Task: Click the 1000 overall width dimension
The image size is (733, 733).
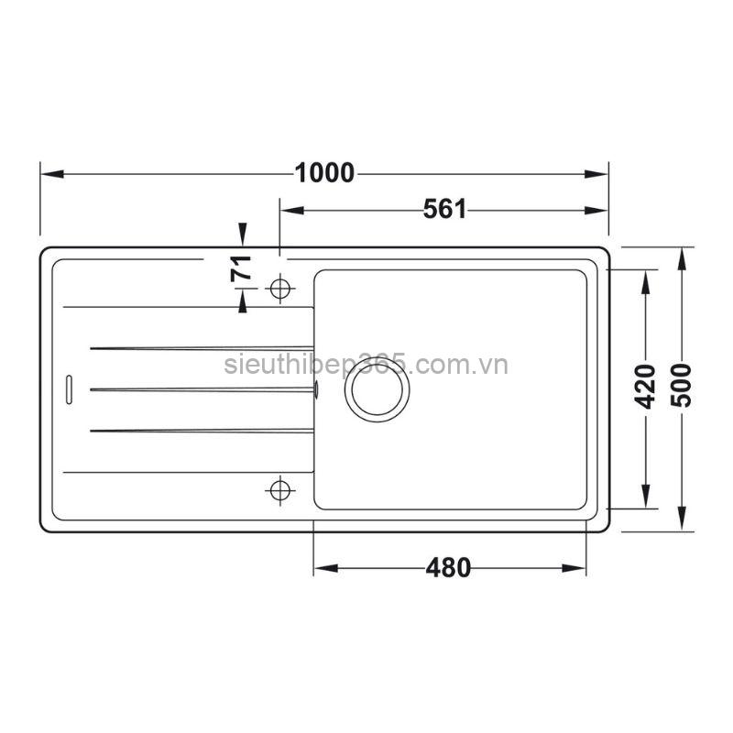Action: (x=324, y=172)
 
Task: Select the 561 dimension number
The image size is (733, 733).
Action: (x=445, y=210)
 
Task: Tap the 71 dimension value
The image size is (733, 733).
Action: (x=241, y=269)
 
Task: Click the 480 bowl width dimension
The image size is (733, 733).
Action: (x=448, y=568)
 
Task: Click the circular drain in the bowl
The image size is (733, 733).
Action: (x=377, y=388)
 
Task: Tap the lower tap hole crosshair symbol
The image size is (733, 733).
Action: (x=279, y=489)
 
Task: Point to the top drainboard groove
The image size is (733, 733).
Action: (x=202, y=348)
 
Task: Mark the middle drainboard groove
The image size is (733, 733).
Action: (x=202, y=389)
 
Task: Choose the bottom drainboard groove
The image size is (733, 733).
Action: (x=202, y=429)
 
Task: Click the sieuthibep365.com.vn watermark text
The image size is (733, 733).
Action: (x=366, y=366)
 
